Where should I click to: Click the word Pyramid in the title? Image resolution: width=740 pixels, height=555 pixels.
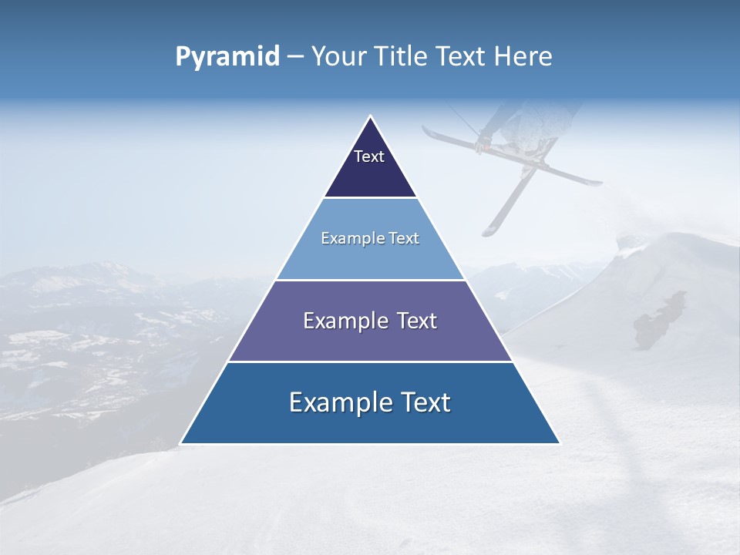227,57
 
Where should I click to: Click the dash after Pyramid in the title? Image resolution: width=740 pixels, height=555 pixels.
295,58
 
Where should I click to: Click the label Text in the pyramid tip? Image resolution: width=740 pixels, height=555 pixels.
369,156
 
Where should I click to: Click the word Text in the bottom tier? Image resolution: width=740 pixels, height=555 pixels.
425,402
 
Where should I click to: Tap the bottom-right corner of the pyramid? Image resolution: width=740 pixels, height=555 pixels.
559,443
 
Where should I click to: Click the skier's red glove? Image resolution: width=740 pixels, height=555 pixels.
484,146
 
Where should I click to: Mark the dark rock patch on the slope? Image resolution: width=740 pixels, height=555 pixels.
659,320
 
